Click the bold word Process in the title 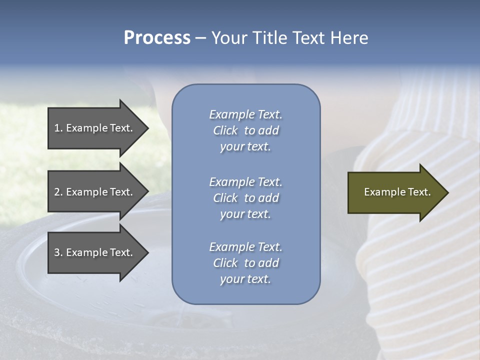(157, 38)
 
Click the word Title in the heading (270, 38)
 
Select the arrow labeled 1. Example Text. (95, 128)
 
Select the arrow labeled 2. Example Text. (95, 192)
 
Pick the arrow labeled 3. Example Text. (95, 252)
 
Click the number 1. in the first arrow (58, 128)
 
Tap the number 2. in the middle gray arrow (58, 192)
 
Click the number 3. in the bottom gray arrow (58, 252)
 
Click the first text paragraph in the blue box (245, 130)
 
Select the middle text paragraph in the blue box (245, 198)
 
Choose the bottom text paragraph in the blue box (245, 263)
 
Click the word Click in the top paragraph (225, 130)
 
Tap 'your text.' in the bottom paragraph (245, 279)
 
